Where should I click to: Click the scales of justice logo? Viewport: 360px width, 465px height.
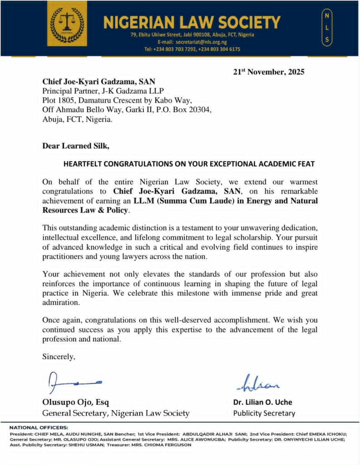(67, 23)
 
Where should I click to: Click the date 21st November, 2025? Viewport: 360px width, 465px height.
(269, 72)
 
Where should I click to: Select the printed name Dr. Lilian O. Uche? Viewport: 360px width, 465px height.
(263, 402)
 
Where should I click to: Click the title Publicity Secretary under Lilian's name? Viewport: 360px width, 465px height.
(264, 413)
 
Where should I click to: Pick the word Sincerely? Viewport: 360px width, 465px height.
(59, 357)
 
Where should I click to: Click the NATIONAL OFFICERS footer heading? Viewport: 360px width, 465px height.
(39, 427)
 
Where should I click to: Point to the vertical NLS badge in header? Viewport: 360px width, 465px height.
(325, 28)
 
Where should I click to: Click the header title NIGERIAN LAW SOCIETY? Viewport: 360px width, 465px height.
(192, 21)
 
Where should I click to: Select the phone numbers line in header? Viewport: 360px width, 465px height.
(192, 49)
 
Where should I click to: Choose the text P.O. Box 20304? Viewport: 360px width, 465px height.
(188, 110)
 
